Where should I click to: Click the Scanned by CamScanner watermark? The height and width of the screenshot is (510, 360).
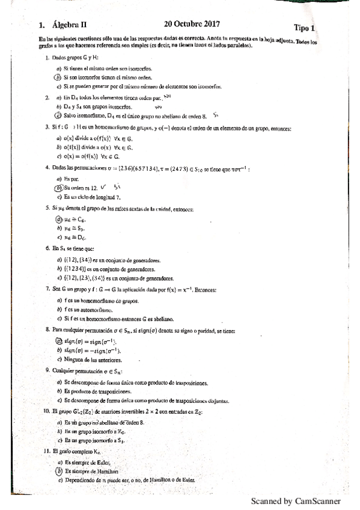click(295, 501)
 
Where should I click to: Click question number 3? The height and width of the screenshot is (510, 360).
click(47, 127)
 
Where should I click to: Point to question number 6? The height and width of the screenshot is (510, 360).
click(47, 248)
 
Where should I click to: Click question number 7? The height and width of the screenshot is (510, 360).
click(47, 289)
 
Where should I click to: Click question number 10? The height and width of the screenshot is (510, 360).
click(46, 411)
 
